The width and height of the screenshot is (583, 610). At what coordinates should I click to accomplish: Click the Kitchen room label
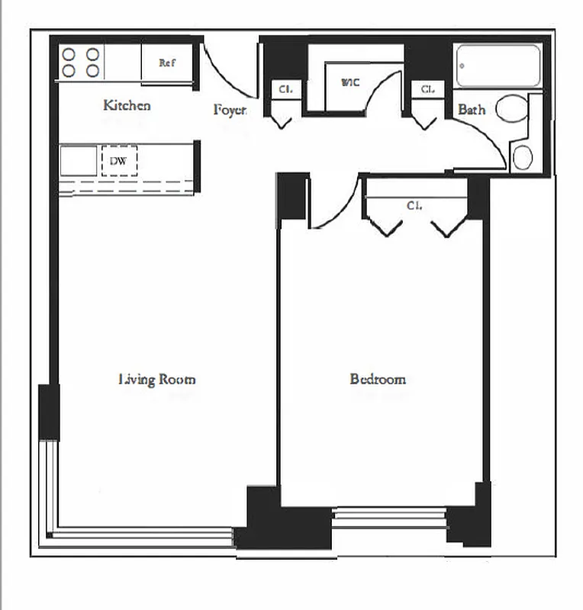(x=127, y=105)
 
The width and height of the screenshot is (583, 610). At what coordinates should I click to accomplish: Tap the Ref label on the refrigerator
(x=167, y=63)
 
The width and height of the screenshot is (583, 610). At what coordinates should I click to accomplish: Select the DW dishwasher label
(x=118, y=161)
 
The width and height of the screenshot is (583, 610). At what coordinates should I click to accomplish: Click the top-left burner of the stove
(x=69, y=54)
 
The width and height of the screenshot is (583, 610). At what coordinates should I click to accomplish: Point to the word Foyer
(x=230, y=111)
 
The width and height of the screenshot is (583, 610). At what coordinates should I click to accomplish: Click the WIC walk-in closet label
(x=350, y=82)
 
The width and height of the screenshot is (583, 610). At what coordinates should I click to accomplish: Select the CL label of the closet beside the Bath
(x=427, y=89)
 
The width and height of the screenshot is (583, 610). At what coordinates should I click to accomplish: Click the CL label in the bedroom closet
(x=414, y=206)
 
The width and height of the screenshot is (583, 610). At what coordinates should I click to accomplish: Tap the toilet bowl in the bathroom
(x=512, y=109)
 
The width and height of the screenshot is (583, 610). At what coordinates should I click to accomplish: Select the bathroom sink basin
(x=523, y=157)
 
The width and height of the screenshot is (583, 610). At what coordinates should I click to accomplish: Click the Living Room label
(x=157, y=379)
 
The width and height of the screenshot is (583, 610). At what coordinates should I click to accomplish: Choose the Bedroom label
(x=378, y=379)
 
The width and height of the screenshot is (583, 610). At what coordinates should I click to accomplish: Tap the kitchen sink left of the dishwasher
(x=78, y=162)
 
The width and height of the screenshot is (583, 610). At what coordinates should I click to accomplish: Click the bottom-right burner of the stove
(x=93, y=71)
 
